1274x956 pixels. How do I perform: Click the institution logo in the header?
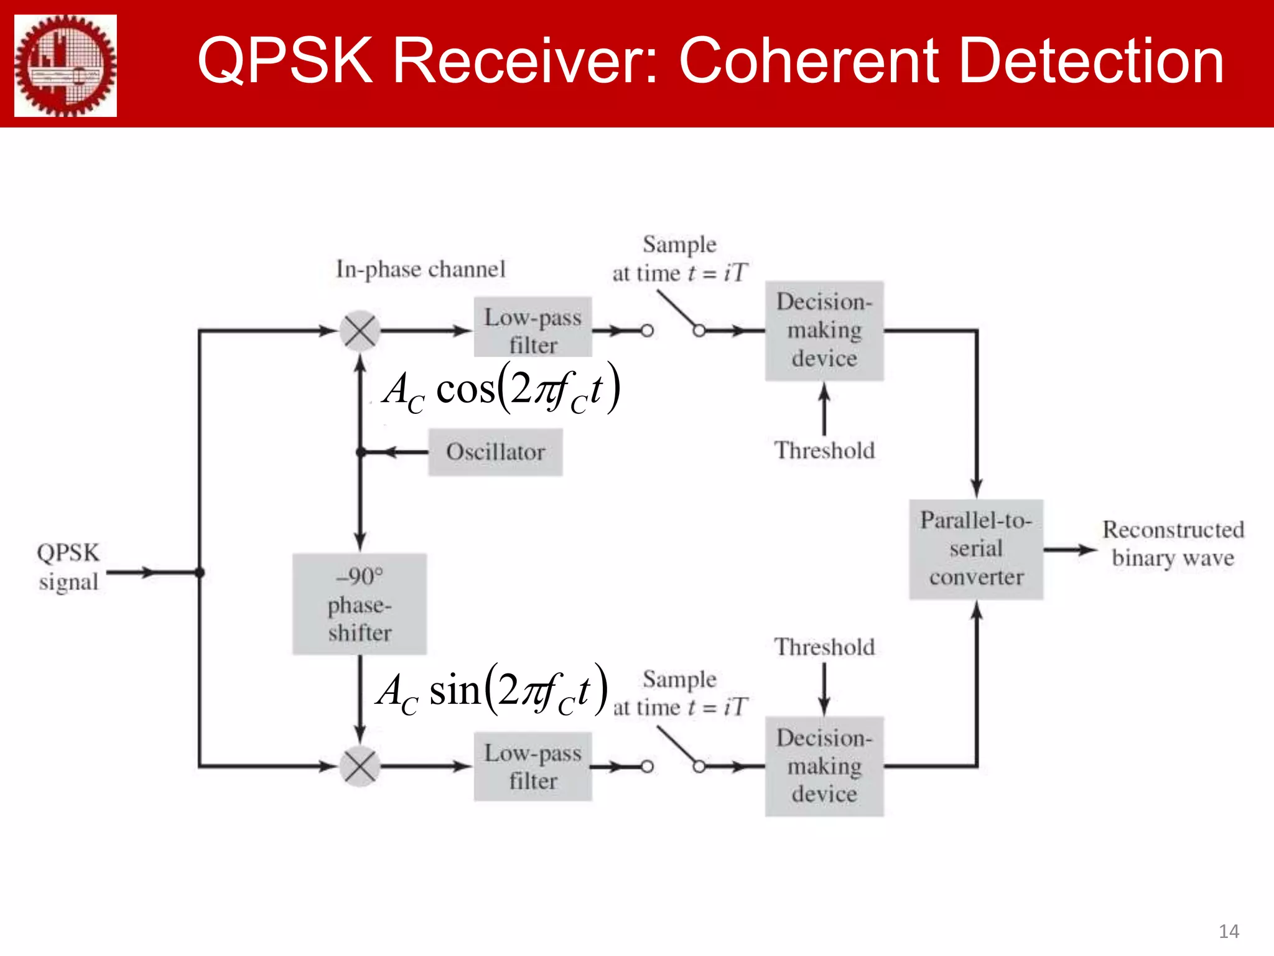point(65,65)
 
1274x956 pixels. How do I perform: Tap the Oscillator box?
point(495,452)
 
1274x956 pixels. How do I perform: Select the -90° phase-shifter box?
point(360,604)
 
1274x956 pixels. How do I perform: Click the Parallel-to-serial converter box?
point(976,549)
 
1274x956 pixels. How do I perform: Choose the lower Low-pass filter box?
point(532,766)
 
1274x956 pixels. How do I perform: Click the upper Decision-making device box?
point(824,330)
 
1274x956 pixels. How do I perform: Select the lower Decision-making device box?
point(824,766)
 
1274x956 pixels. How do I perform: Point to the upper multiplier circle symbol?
point(360,330)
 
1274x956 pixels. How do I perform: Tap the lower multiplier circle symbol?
point(360,766)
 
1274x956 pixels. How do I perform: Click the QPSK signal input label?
point(68,567)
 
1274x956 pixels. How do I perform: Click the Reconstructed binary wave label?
point(1173,543)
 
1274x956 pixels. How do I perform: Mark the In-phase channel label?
point(421,269)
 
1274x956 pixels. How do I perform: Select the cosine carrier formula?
point(501,390)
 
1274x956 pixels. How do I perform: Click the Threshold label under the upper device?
point(824,451)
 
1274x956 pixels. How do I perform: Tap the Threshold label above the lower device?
point(824,647)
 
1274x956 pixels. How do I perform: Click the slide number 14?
point(1229,931)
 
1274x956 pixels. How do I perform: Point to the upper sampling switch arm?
point(678,311)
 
